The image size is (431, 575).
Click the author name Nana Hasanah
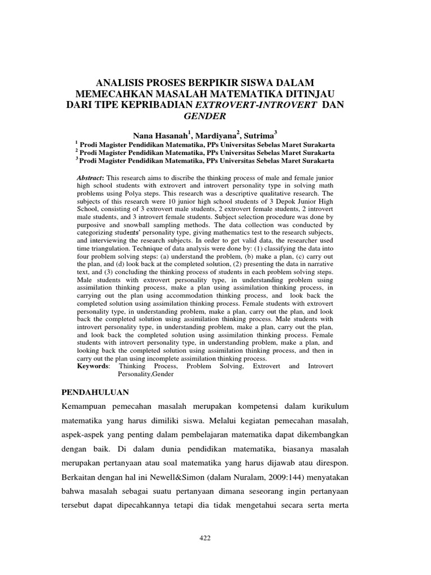160,135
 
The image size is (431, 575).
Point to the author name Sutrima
257,135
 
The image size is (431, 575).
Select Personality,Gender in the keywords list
145,373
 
